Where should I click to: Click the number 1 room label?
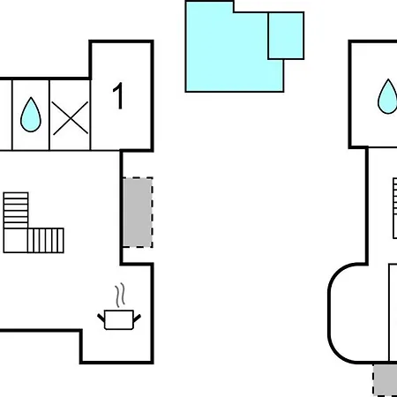118,95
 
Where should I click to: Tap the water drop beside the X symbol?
31,116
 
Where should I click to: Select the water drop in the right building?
387,97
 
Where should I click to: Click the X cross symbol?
71,118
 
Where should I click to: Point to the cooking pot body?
119,319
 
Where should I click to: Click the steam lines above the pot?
120,295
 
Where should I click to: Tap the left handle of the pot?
101,318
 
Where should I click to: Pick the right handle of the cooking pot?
137,318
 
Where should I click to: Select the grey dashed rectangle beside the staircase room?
138,213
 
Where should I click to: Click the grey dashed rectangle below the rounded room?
386,380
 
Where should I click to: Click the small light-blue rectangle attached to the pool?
286,35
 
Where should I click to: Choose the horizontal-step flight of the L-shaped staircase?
16,211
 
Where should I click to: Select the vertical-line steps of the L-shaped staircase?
46,241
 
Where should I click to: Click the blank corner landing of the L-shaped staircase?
16,241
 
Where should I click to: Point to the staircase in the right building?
395,208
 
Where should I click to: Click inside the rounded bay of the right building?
359,313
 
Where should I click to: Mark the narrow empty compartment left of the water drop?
6,115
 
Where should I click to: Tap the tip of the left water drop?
31,98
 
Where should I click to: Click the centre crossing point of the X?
71,118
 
